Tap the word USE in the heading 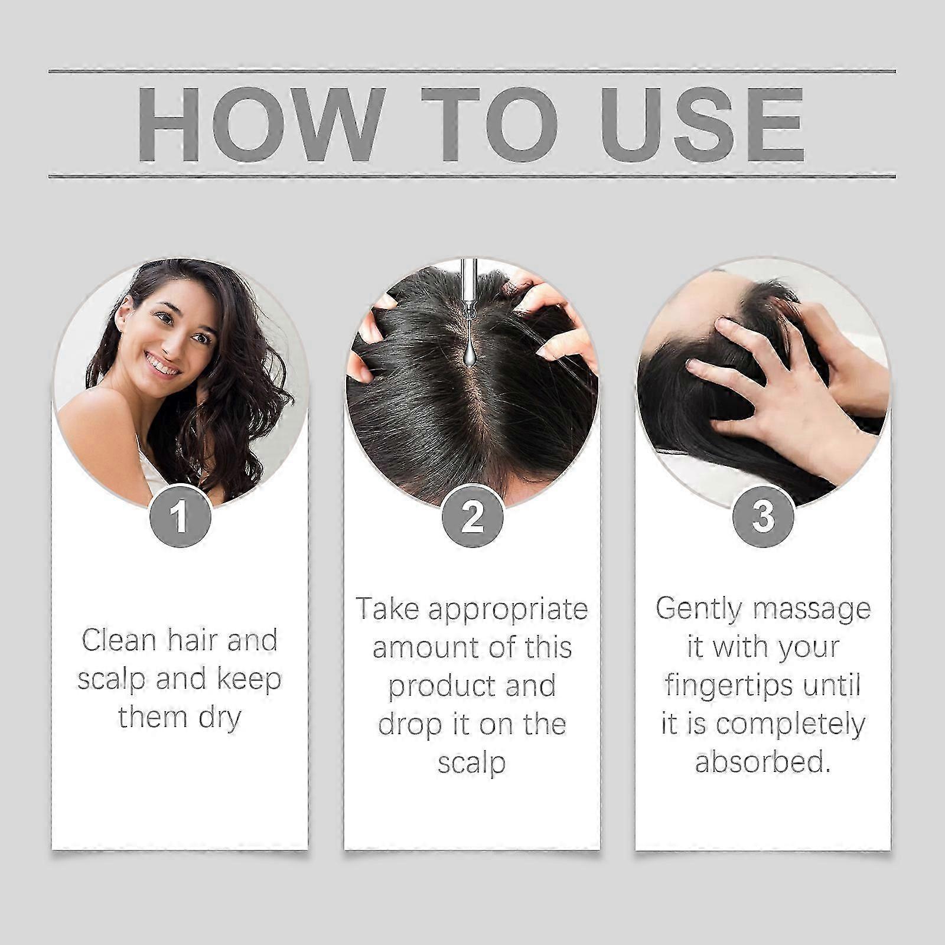(702, 124)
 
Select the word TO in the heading (490, 124)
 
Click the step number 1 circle (180, 516)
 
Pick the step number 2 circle (472, 516)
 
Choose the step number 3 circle (763, 516)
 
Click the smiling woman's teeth (162, 364)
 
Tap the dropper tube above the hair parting (470, 289)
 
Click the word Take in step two (387, 609)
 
